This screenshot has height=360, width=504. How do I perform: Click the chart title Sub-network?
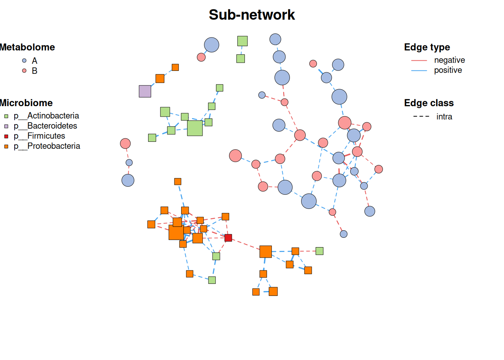(252, 15)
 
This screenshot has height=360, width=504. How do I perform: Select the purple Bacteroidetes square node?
(145, 91)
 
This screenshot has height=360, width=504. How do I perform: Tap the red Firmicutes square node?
(228, 238)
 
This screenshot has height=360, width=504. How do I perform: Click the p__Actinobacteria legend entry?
(42, 116)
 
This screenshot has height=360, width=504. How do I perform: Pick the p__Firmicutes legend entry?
(35, 136)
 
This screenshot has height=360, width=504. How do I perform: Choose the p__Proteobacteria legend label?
(47, 146)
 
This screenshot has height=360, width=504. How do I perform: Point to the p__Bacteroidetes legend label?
(45, 126)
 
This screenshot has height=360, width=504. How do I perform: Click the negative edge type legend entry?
(438, 60)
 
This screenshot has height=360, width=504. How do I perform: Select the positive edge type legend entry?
(436, 70)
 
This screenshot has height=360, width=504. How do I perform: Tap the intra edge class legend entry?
(433, 117)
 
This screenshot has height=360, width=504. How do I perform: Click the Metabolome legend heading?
(27, 47)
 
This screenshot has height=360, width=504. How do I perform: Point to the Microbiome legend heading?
(26, 103)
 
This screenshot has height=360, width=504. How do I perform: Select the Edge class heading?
(429, 103)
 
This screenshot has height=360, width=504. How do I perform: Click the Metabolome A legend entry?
(30, 61)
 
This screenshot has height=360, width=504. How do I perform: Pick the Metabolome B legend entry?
(30, 71)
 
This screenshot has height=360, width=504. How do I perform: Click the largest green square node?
(195, 128)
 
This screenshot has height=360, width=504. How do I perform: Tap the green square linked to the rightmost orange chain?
(319, 251)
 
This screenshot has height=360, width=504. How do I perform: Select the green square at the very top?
(243, 41)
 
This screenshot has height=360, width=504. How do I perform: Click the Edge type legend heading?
(427, 47)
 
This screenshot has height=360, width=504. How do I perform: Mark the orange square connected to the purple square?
(160, 78)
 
